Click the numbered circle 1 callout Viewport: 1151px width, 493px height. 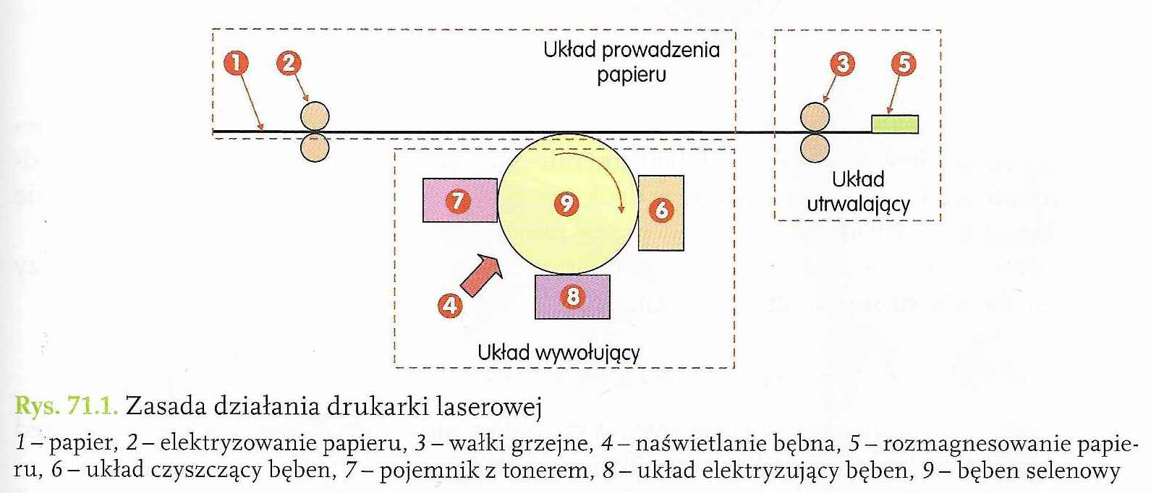point(236,64)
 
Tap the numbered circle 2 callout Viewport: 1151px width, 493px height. point(289,64)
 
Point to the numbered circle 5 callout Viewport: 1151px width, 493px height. point(903,64)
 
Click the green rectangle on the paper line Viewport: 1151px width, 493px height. point(894,124)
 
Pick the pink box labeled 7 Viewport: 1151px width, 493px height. point(459,200)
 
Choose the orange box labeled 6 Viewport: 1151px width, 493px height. point(661,212)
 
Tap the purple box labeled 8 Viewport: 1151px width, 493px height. point(572,296)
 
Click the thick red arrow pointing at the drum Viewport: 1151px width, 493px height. point(482,275)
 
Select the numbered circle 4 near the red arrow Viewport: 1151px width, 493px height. point(450,306)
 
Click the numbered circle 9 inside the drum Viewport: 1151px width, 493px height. point(566,203)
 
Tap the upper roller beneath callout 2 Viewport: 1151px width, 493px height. point(315,116)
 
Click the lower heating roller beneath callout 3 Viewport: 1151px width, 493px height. point(815,147)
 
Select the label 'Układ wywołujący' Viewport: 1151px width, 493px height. point(558,353)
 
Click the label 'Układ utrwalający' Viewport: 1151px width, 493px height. point(858,192)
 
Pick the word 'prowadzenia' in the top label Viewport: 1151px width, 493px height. point(661,50)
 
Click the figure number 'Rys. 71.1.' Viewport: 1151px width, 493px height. point(66,406)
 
